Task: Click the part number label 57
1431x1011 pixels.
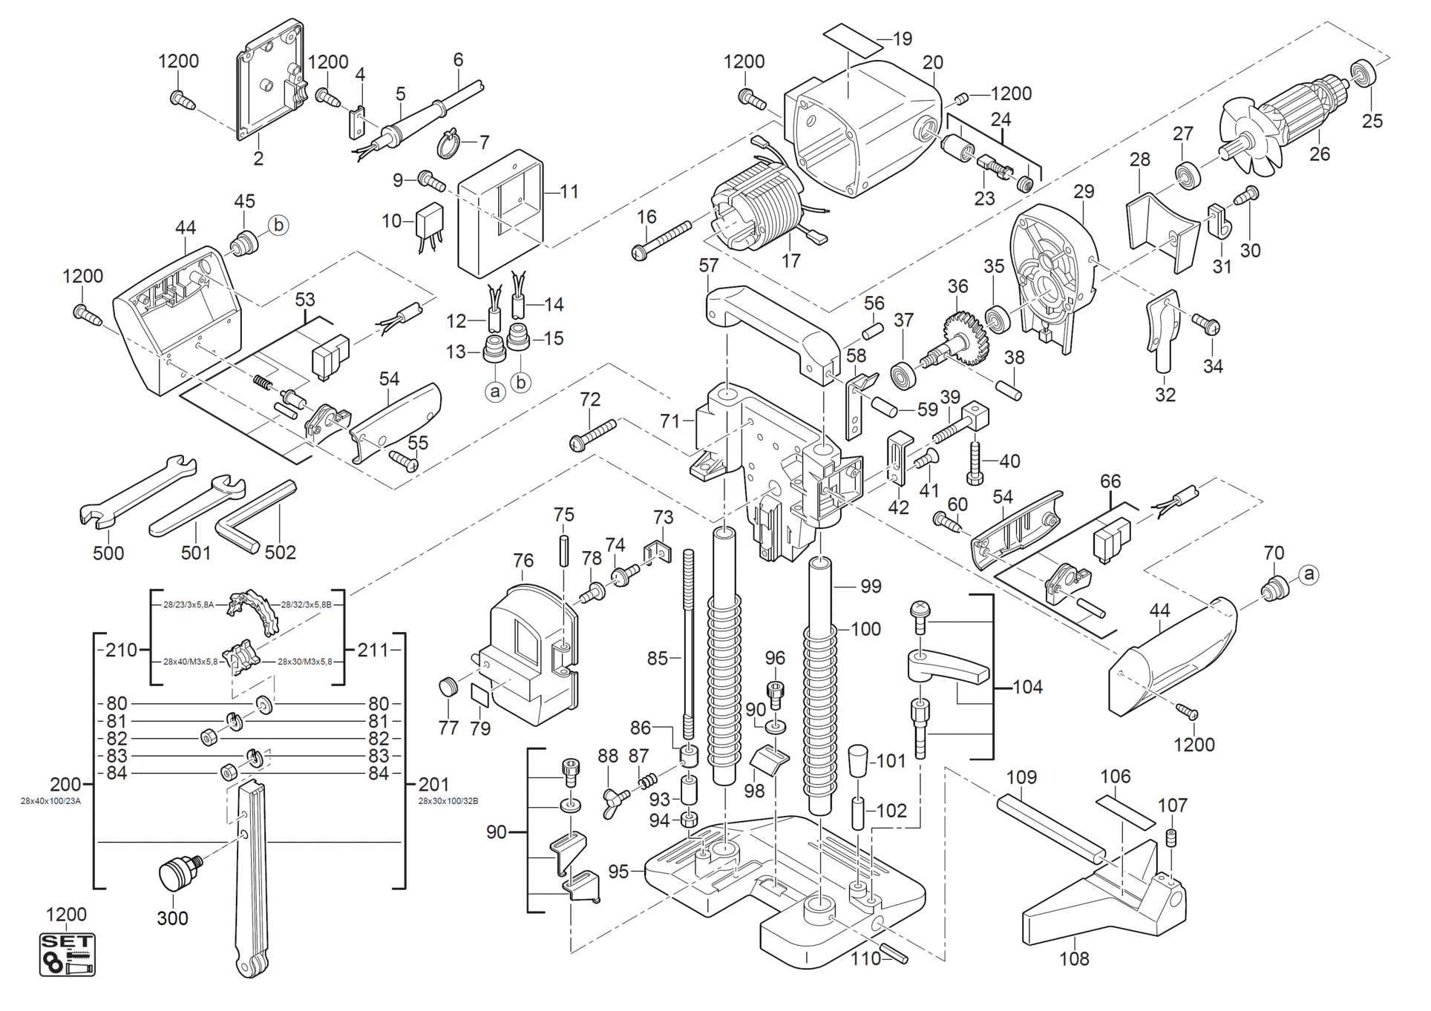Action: pos(709,266)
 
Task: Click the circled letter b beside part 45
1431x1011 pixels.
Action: pos(278,225)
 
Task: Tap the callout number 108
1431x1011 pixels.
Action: pos(1074,959)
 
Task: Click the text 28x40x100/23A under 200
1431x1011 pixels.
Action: pos(50,801)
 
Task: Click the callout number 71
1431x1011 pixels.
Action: pos(670,421)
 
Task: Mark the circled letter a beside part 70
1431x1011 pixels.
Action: pos(1309,573)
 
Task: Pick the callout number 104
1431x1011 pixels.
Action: pos(1027,688)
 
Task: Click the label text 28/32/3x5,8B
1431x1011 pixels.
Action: pos(306,605)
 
